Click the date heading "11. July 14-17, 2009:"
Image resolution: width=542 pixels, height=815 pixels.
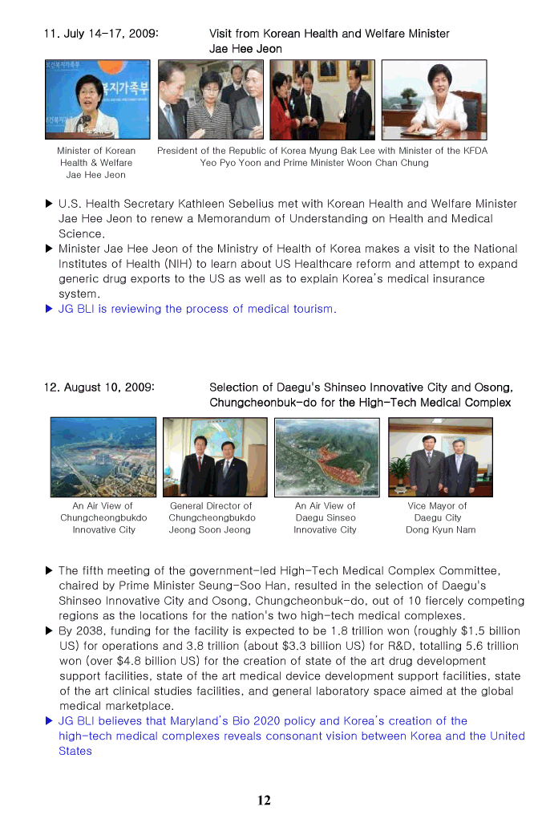click(101, 34)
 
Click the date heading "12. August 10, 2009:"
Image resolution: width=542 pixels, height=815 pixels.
click(99, 387)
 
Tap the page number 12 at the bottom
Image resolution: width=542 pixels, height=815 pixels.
click(264, 800)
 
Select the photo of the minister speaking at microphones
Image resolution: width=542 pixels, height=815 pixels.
click(98, 99)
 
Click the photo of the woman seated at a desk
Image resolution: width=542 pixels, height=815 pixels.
click(433, 99)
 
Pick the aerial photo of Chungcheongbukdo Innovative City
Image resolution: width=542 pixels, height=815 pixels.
click(103, 456)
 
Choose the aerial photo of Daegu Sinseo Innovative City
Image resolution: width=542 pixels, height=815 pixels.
click(326, 456)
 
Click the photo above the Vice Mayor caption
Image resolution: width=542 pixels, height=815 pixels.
click(440, 456)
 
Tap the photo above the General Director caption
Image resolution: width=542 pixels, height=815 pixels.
click(215, 456)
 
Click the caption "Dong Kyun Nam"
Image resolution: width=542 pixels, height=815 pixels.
click(440, 529)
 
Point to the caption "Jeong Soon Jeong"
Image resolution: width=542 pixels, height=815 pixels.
click(210, 529)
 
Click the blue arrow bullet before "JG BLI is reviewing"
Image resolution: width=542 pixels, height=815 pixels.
click(50, 309)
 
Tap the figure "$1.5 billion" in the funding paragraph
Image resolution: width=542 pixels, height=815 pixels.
click(488, 631)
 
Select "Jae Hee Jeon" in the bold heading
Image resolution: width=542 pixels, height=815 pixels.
click(245, 49)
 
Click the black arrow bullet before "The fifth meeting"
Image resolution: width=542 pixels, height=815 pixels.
click(50, 571)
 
